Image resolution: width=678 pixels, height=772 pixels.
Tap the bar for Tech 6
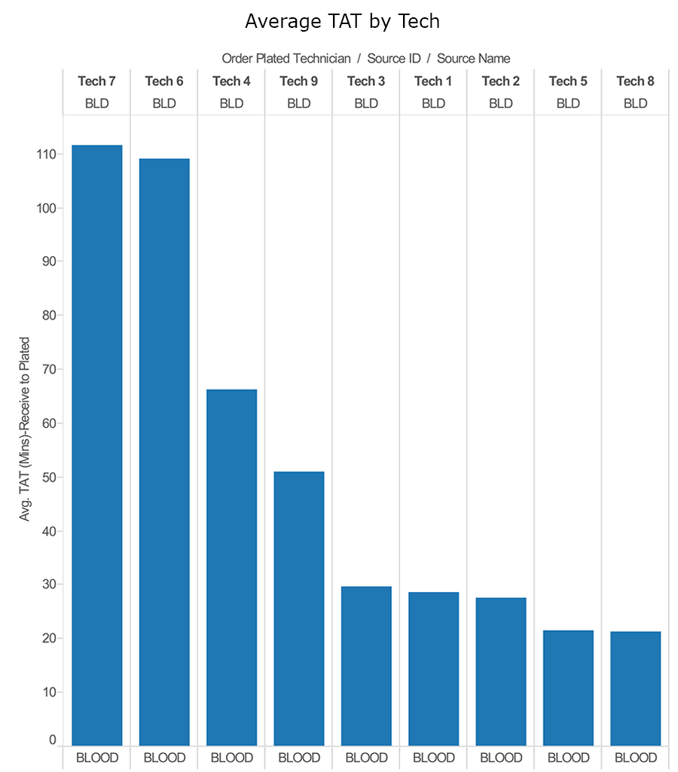pos(164,452)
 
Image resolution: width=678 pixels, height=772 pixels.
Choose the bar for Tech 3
pos(366,666)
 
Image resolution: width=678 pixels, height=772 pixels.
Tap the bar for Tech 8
pos(635,688)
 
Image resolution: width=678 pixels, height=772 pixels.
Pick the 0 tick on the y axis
pos(53,740)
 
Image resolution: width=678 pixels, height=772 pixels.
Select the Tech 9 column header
pos(299,81)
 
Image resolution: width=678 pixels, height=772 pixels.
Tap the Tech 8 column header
pos(635,81)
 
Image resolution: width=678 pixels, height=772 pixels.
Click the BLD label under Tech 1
pos(433,104)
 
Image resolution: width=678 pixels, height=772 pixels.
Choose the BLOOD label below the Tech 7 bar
pos(97,758)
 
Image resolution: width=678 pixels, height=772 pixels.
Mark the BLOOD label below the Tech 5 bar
pos(568,758)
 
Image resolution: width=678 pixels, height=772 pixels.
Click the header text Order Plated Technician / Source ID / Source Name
pos(365,59)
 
